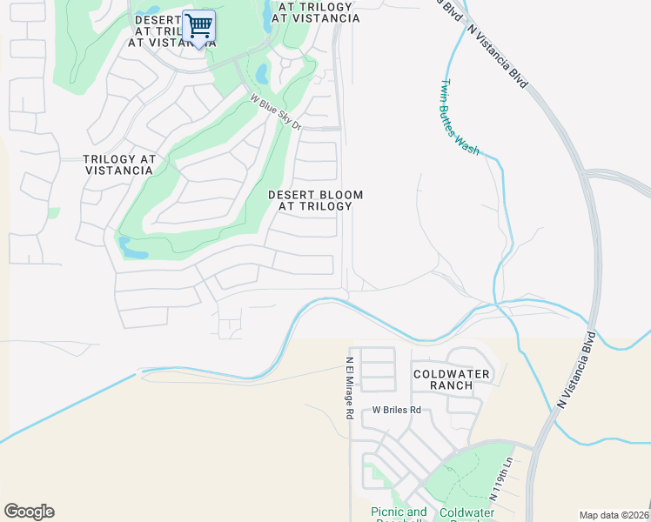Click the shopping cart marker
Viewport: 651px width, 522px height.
pyautogui.click(x=199, y=27)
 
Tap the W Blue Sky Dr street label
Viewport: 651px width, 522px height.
pyautogui.click(x=275, y=113)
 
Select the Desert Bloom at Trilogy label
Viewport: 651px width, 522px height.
pyautogui.click(x=315, y=201)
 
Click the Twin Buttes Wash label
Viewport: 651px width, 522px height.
pyautogui.click(x=459, y=117)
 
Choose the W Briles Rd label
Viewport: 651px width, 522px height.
pyautogui.click(x=396, y=410)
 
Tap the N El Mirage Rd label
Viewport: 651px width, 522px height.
pyautogui.click(x=348, y=388)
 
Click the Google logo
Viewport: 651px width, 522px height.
pyautogui.click(x=29, y=512)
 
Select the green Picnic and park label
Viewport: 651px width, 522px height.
pyautogui.click(x=399, y=513)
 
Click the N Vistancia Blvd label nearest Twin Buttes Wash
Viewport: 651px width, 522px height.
pyautogui.click(x=498, y=54)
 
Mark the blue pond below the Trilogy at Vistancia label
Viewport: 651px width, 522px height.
pyautogui.click(x=132, y=250)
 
